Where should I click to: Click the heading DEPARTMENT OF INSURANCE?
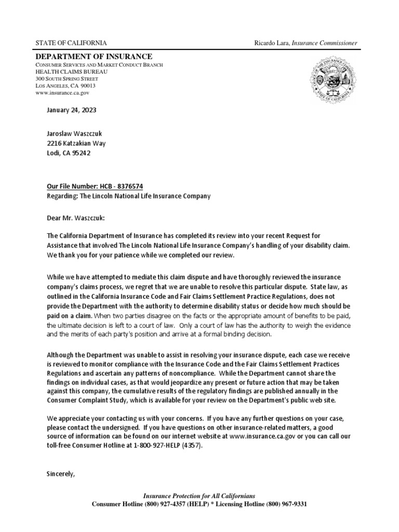click(94, 56)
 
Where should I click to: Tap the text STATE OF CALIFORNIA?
click(71, 43)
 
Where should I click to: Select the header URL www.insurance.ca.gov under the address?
click(62, 92)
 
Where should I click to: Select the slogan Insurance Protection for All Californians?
click(199, 496)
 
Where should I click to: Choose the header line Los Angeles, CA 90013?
click(65, 85)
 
